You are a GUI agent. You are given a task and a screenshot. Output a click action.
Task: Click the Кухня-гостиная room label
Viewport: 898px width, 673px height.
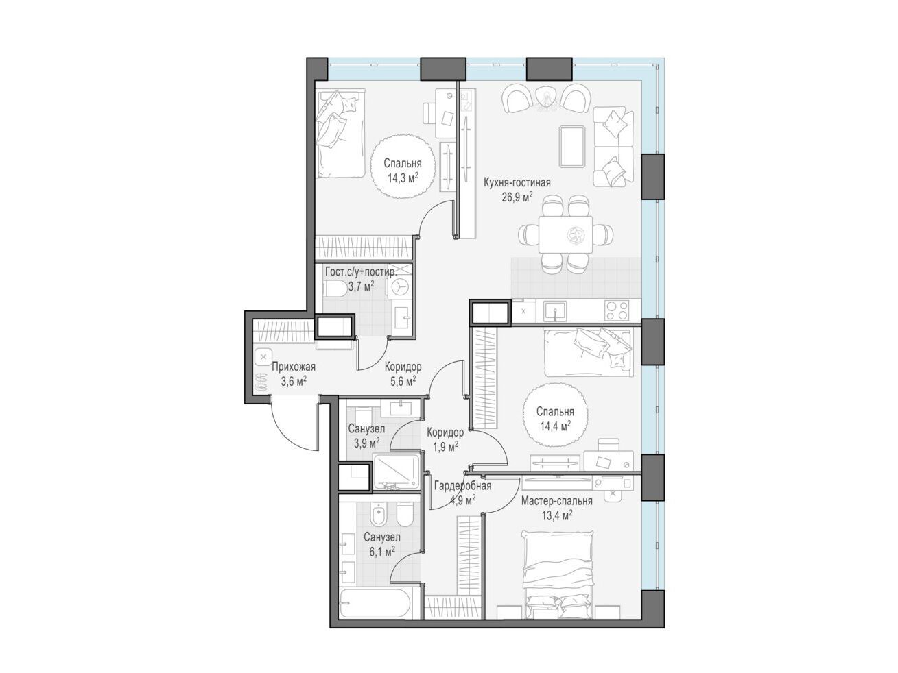click(x=517, y=182)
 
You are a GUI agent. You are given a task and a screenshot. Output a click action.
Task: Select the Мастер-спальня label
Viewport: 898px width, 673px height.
click(x=557, y=500)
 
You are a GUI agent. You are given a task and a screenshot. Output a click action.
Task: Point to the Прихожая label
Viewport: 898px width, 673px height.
click(x=294, y=367)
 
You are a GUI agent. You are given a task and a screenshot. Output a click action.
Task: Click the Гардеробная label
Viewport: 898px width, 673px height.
click(x=462, y=486)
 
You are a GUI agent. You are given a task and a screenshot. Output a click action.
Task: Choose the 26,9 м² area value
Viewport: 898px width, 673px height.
click(x=517, y=197)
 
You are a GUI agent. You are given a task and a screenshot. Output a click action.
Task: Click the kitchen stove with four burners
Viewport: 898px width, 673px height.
click(x=617, y=310)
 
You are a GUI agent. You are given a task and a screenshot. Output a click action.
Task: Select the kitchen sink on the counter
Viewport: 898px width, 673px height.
click(x=555, y=310)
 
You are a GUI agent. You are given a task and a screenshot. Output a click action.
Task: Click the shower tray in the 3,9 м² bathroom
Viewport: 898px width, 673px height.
click(x=397, y=471)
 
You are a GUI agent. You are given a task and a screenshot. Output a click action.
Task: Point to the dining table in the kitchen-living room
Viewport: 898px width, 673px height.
click(x=565, y=234)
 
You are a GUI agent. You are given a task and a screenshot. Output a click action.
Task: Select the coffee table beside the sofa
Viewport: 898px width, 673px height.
click(x=572, y=146)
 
